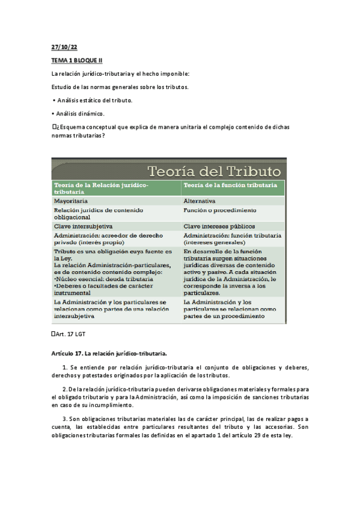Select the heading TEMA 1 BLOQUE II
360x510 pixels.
(77, 61)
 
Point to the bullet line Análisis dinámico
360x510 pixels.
(81, 113)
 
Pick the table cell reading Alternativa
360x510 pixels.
(200, 201)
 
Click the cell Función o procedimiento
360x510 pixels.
(220, 210)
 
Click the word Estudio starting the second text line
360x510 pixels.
(63, 87)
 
